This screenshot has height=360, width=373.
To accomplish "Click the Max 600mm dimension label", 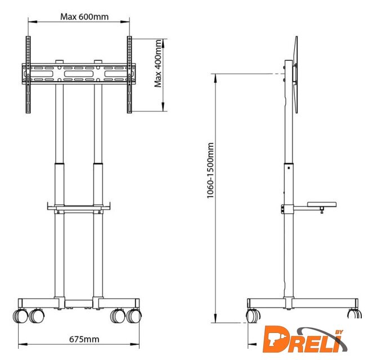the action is tap(84, 17).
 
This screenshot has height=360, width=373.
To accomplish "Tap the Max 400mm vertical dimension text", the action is tap(158, 63).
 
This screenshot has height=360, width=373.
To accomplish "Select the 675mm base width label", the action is tap(84, 339).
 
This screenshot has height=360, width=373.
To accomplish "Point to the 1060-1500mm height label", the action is tap(210, 170).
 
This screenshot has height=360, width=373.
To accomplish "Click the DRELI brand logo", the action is tap(305, 339).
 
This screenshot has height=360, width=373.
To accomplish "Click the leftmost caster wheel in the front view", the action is tap(20, 316).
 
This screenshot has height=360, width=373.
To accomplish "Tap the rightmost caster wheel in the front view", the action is tap(134, 316).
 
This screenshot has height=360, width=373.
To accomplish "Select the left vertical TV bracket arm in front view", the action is tap(28, 75).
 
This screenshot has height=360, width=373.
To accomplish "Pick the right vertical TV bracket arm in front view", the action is tap(129, 75).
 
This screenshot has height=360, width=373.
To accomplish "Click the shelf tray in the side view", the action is tap(322, 205).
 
